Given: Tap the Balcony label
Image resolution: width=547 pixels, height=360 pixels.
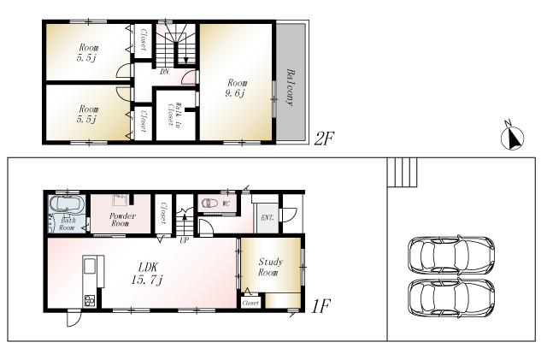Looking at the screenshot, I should [x=291, y=86].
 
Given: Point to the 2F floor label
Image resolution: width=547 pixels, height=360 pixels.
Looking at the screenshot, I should [x=322, y=139].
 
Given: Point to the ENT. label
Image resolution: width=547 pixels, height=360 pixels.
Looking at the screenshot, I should [x=267, y=218].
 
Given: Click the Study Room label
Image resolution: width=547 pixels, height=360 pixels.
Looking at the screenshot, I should [x=269, y=267].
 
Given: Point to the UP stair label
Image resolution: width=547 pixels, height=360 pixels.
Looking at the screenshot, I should [x=184, y=240].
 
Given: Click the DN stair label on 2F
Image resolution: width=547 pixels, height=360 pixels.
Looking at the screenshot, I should [x=163, y=73].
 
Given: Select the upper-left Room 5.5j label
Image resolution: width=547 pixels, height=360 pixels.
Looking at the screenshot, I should [x=88, y=53].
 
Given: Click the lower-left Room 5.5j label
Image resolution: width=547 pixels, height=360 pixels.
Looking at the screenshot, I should [x=88, y=115].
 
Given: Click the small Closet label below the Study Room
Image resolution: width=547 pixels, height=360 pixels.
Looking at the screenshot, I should [x=250, y=303].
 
